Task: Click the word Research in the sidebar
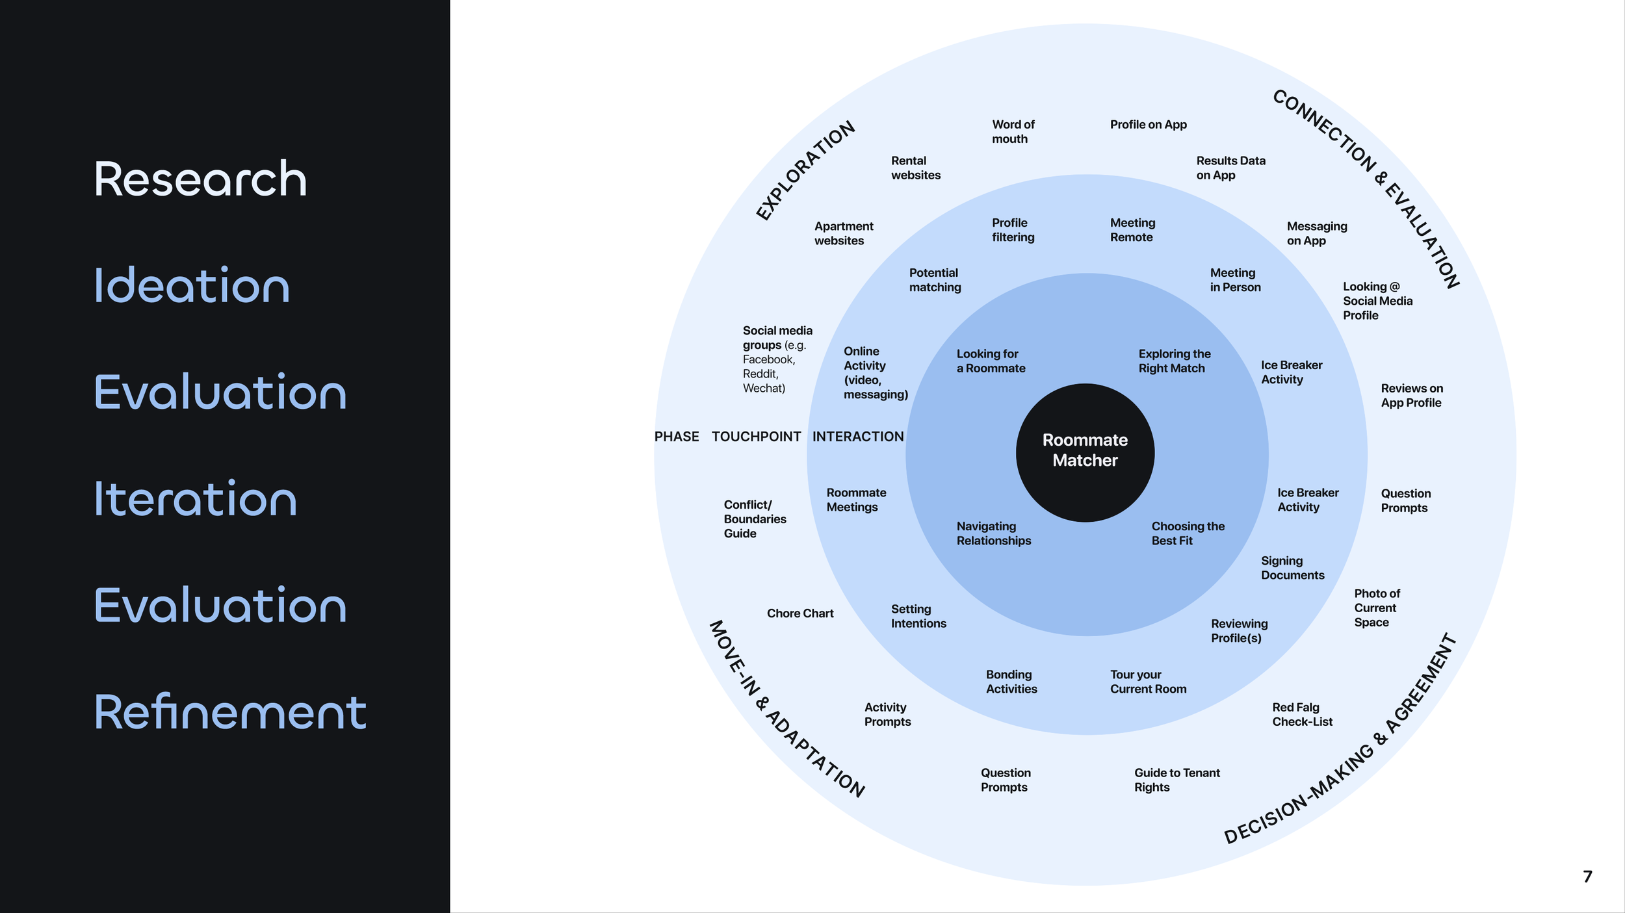tap(200, 179)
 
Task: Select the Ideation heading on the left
tap(192, 285)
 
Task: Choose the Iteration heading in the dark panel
tap(196, 498)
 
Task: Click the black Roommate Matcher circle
tap(1085, 452)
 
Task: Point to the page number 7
tap(1587, 877)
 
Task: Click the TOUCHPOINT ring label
tap(756, 437)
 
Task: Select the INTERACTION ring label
tap(858, 437)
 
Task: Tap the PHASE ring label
tap(677, 437)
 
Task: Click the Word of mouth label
tap(1013, 131)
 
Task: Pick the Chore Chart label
tap(800, 613)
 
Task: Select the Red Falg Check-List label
tap(1302, 714)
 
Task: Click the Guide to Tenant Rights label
tap(1176, 780)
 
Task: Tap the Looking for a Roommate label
tap(991, 361)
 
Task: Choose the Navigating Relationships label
tap(993, 533)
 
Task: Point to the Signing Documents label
tap(1292, 567)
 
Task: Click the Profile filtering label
tap(1013, 230)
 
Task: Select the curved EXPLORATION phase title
tap(805, 170)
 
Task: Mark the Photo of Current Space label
tap(1377, 608)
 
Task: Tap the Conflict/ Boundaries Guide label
tap(755, 519)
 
